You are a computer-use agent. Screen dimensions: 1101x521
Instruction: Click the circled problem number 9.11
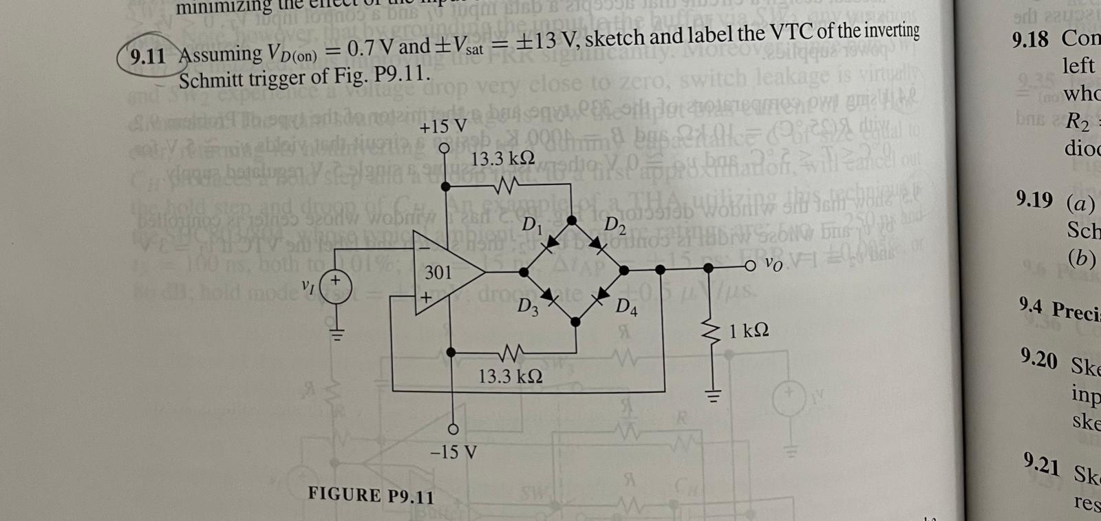pyautogui.click(x=147, y=55)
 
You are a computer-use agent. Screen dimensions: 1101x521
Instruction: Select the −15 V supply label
pyautogui.click(x=452, y=453)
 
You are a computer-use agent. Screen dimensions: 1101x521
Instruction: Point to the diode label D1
pyautogui.click(x=531, y=224)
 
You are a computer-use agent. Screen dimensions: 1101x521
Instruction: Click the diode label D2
pyautogui.click(x=614, y=224)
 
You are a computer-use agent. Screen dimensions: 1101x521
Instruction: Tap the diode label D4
pyautogui.click(x=626, y=307)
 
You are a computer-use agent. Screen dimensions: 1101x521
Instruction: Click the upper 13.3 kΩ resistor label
pyautogui.click(x=503, y=158)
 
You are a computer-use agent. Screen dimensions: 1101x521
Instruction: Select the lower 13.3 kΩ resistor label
pyautogui.click(x=511, y=376)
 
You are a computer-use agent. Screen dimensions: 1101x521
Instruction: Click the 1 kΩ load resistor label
pyautogui.click(x=749, y=331)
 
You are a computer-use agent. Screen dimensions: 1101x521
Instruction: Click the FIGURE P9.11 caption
pyautogui.click(x=371, y=495)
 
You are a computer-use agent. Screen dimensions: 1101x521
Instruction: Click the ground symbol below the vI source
pyautogui.click(x=336, y=337)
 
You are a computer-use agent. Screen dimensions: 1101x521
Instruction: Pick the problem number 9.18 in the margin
pyautogui.click(x=1030, y=40)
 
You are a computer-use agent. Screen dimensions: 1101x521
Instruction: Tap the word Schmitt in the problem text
pyautogui.click(x=215, y=78)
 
